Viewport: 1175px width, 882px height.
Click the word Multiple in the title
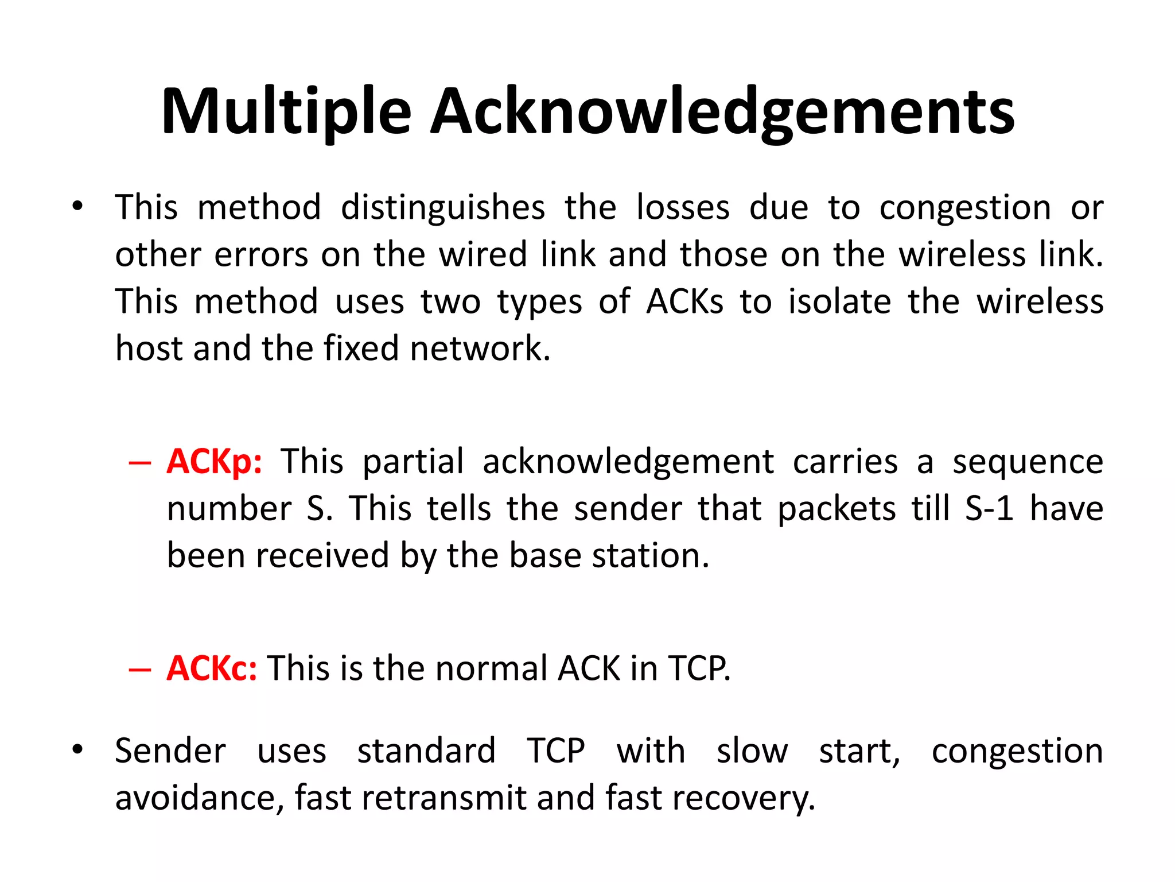[286, 112]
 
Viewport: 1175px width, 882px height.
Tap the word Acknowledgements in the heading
[722, 112]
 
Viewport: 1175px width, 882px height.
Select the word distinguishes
[442, 208]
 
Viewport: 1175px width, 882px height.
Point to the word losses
[683, 208]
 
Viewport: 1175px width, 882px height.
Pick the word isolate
[839, 301]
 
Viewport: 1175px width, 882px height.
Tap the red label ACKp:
[214, 462]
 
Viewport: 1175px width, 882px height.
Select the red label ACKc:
[212, 668]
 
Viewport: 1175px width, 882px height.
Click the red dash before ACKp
[140, 463]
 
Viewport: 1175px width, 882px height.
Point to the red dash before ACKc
[140, 670]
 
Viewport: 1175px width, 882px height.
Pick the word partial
[413, 462]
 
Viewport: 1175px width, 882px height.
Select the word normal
[491, 668]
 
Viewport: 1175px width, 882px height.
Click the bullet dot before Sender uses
[77, 749]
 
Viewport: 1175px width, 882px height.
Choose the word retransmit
[444, 798]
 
